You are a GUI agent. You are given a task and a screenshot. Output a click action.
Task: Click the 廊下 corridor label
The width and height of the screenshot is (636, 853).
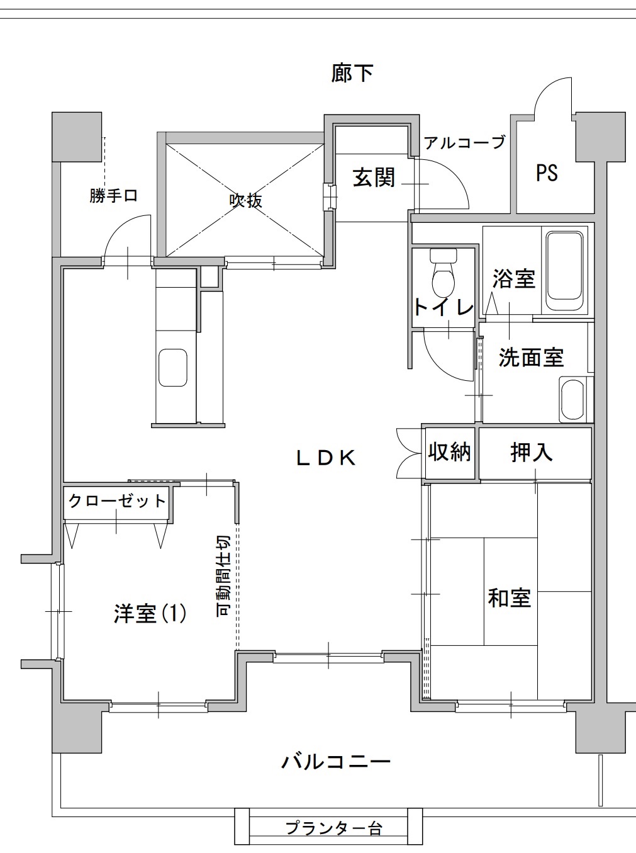pos(352,72)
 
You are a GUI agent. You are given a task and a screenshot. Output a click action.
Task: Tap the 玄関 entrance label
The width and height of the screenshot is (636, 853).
pos(373,177)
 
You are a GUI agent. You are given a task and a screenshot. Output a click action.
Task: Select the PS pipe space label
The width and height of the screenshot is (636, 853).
pos(547,172)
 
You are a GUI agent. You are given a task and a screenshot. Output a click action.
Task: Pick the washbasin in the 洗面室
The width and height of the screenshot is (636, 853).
pos(572,400)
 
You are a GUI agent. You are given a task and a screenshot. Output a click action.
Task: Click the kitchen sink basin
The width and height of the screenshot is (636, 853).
pos(173,368)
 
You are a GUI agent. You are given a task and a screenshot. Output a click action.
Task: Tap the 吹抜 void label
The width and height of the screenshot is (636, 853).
pos(246,201)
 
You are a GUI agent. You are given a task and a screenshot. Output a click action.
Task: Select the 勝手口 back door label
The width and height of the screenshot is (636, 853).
pos(113,195)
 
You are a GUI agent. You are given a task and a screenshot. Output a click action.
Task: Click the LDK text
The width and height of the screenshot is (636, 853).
pos(326,458)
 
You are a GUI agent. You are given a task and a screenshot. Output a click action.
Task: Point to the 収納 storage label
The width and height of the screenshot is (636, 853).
pos(449,451)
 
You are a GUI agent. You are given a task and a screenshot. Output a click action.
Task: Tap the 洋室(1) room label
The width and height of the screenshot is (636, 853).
pos(150,614)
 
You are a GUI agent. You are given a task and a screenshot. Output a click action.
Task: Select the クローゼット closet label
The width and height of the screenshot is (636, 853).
pos(117,501)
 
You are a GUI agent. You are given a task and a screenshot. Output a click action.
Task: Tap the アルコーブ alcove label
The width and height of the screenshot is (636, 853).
pos(465,143)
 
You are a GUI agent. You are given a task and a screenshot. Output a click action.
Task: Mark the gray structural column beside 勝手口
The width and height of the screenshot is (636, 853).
pos(77,137)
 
